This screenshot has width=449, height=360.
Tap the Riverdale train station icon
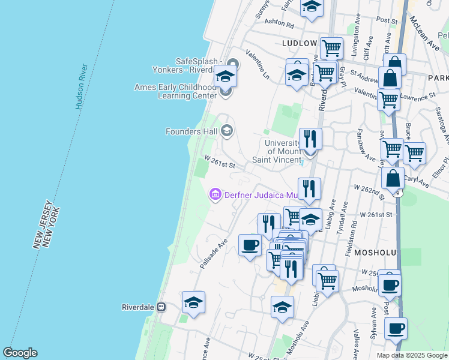click(x=161, y=307)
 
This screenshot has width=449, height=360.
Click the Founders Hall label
click(x=192, y=131)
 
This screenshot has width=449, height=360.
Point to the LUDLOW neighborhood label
click(x=299, y=44)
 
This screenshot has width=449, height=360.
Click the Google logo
click(x=20, y=353)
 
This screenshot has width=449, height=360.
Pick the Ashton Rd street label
click(x=280, y=26)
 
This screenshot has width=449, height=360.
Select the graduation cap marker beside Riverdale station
click(x=193, y=303)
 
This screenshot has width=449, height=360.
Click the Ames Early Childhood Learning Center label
click(x=176, y=91)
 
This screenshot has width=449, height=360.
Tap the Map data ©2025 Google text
click(x=412, y=355)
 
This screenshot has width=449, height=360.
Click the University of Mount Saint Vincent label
click(x=283, y=151)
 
